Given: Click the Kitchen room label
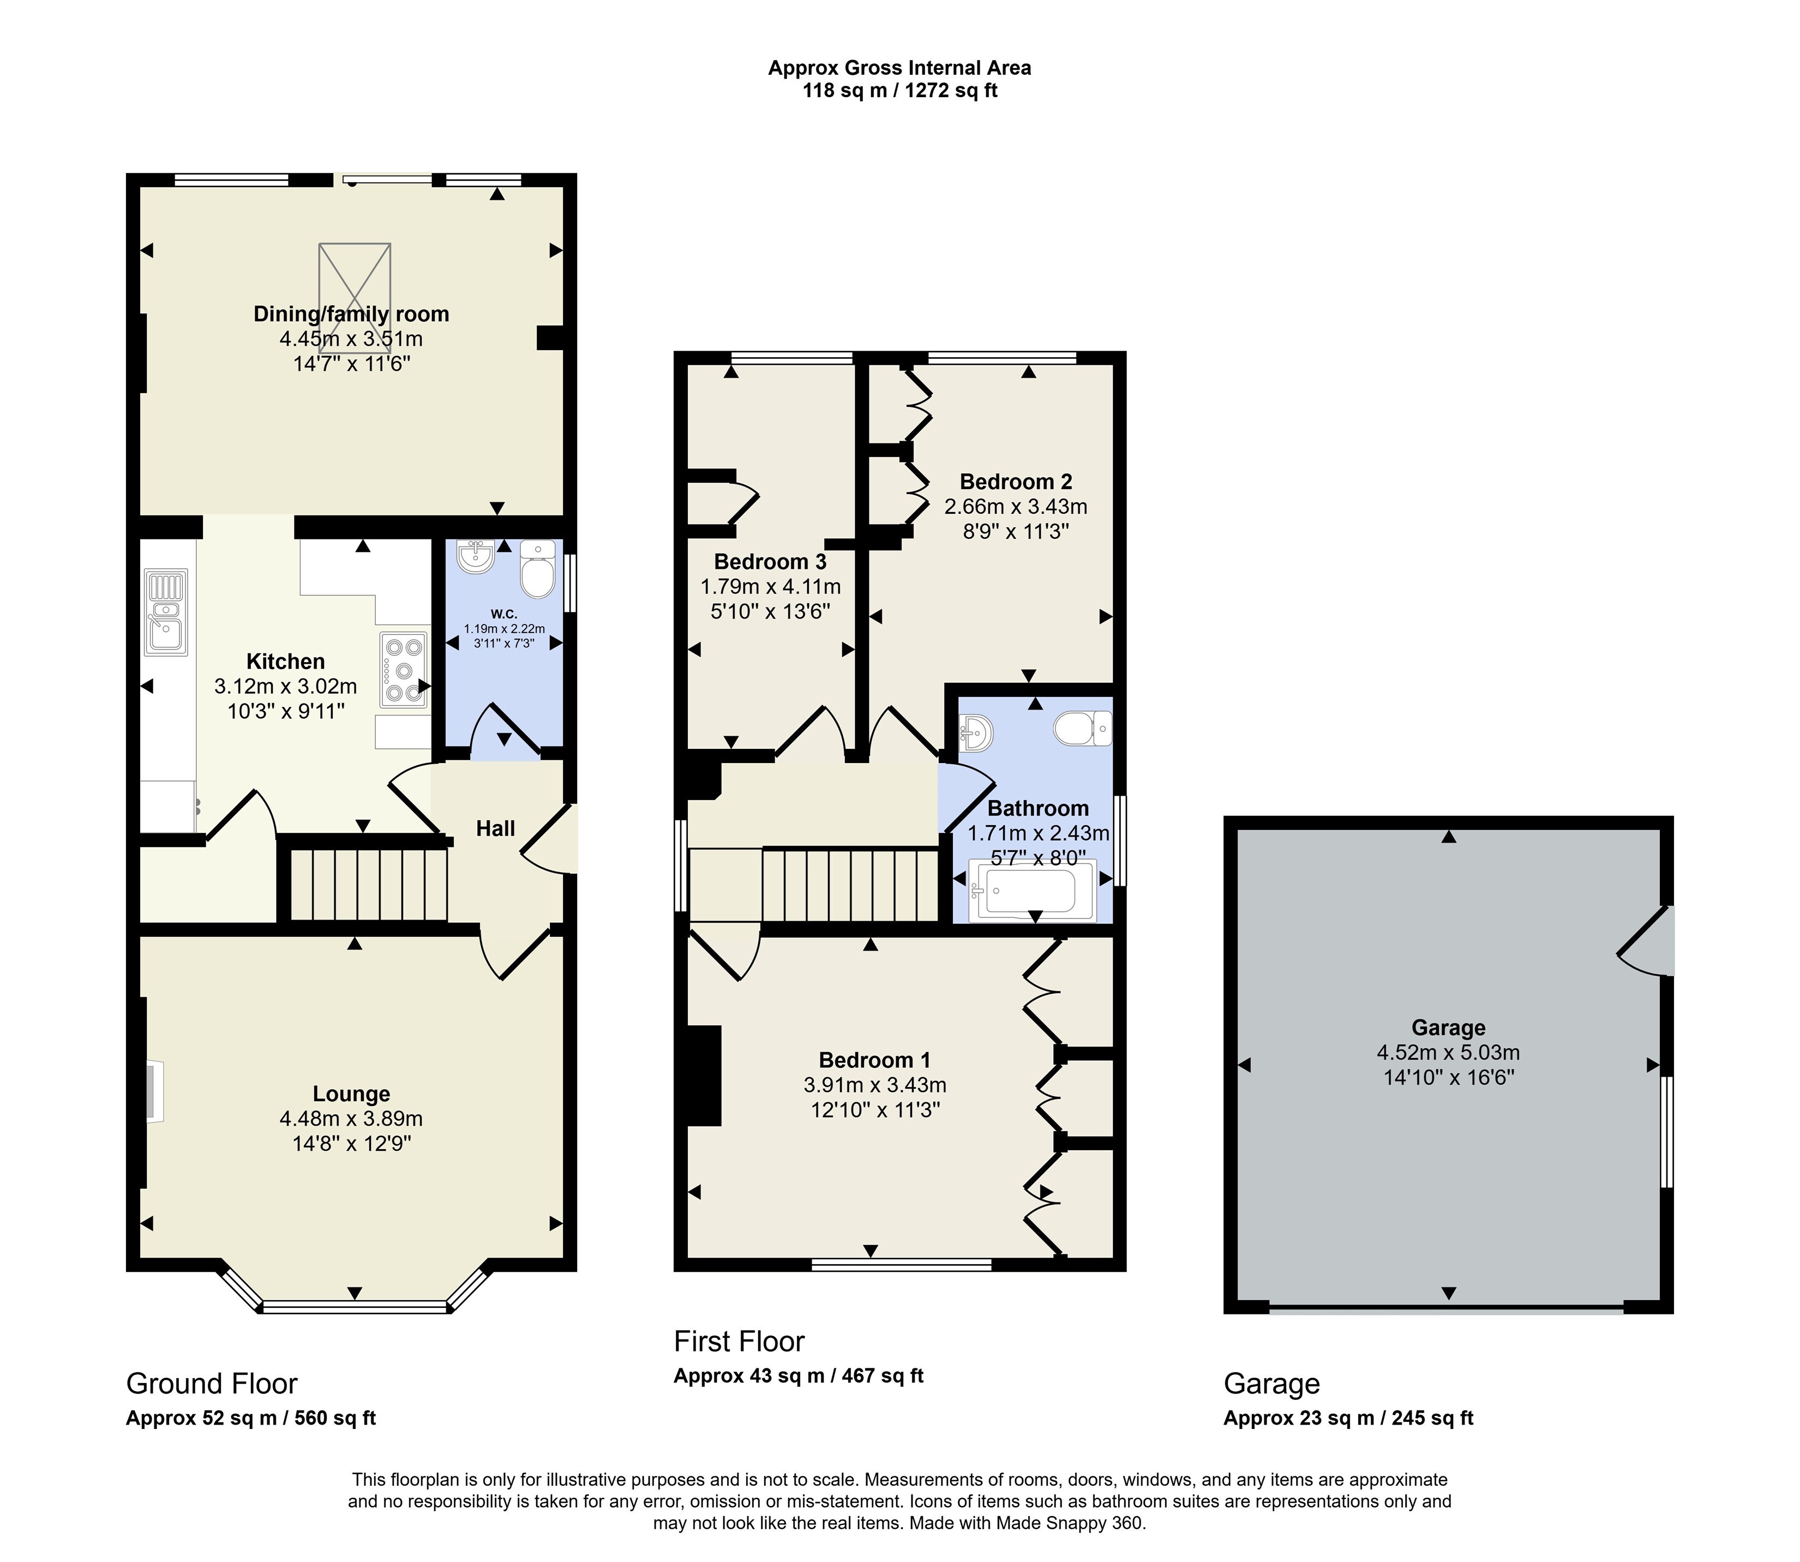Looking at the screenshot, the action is point(285,662).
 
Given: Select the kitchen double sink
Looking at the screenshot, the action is point(166,612).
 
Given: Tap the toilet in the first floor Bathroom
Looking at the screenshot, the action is point(1083,728).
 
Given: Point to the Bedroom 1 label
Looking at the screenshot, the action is point(874,1060).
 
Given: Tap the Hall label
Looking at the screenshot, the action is point(495,828).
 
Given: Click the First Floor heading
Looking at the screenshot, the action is point(739,1341).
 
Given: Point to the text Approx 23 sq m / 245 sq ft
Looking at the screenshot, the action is point(1348,1418).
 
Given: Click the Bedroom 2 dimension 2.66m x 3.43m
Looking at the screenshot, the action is point(1016,507).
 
